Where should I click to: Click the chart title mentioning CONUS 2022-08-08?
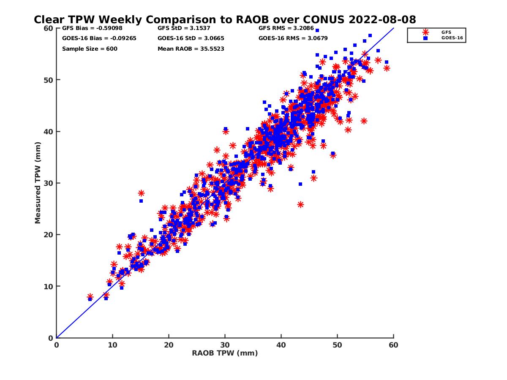point(225,19)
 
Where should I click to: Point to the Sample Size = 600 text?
point(90,49)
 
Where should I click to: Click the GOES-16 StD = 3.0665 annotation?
point(191,38)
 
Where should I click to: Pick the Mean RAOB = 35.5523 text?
point(191,49)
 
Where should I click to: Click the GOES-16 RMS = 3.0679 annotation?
point(292,38)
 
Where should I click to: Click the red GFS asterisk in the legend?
point(425,32)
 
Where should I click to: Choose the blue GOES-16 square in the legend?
point(425,38)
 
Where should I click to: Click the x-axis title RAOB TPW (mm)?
point(225,353)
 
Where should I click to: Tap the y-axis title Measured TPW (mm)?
point(38,183)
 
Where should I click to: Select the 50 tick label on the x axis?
point(337,345)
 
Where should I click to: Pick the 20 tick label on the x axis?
point(169,345)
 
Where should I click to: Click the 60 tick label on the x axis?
point(393,345)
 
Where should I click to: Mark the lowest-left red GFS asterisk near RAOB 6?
point(90,297)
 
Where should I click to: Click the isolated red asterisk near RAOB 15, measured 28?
point(141,193)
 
